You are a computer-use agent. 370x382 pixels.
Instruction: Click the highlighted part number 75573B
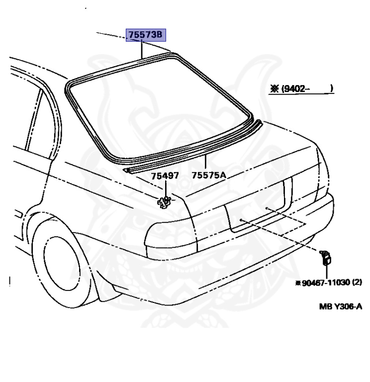click(x=145, y=35)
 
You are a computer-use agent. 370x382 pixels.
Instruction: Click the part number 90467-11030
click(x=323, y=283)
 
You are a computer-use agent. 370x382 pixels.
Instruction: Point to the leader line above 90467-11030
click(x=327, y=271)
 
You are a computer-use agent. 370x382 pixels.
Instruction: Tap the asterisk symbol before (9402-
click(x=274, y=90)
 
